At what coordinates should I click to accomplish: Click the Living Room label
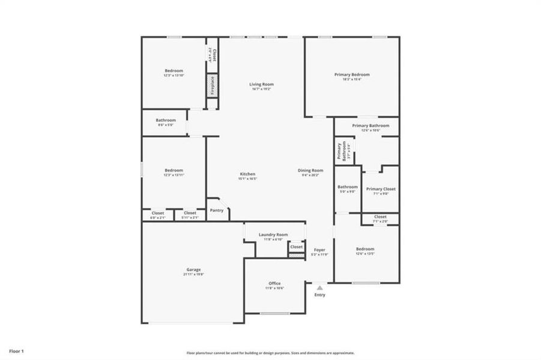(261, 85)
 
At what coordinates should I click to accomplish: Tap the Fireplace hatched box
(211, 85)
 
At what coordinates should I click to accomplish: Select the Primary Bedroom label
(352, 75)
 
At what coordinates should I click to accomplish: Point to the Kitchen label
(247, 174)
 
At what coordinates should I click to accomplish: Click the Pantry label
(216, 211)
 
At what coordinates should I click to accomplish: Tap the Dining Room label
(310, 170)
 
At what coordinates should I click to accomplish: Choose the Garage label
(193, 270)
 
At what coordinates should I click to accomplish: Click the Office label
(274, 284)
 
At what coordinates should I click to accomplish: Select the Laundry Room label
(273, 235)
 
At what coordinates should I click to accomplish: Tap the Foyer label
(319, 249)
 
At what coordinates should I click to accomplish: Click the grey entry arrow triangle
(319, 288)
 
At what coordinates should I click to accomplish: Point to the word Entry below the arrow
(319, 295)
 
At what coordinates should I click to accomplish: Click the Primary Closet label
(381, 189)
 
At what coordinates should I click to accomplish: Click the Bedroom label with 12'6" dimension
(364, 249)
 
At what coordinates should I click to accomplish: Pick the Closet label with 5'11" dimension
(190, 213)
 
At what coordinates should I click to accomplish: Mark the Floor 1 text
(16, 350)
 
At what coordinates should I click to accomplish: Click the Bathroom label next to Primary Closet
(348, 187)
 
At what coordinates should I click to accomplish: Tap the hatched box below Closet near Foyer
(296, 256)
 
